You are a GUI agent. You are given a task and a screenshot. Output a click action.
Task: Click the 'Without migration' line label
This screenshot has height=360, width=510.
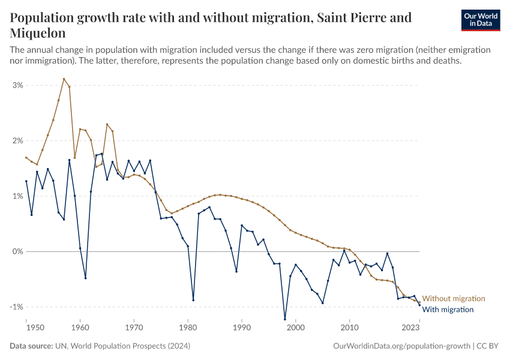[x=454, y=299]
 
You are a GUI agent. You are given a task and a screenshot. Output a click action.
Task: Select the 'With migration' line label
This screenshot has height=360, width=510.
[x=448, y=310]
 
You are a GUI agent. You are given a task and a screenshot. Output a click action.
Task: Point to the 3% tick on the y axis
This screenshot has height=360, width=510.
[x=17, y=85]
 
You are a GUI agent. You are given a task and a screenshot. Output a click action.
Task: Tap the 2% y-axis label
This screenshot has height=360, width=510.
[x=17, y=141]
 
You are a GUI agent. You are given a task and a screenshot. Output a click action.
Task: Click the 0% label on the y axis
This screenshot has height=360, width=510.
[x=17, y=251]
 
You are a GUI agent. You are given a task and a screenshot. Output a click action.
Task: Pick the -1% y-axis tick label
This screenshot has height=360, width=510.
[x=16, y=307]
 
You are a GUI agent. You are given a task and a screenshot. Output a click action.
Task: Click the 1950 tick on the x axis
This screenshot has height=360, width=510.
[x=35, y=329]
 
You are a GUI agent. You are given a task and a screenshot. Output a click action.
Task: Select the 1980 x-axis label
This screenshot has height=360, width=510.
[x=188, y=329]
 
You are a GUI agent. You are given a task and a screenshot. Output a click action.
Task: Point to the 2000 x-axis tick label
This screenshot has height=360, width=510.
[x=295, y=329]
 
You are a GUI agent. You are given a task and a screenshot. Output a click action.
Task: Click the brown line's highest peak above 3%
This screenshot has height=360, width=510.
[x=64, y=79]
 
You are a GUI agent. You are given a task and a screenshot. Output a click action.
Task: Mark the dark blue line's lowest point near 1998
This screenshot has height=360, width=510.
[x=284, y=319]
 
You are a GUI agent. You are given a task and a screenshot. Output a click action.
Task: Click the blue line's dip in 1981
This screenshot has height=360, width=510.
[x=193, y=300]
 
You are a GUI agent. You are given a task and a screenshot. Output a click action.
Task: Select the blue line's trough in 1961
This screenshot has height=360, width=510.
[x=85, y=278]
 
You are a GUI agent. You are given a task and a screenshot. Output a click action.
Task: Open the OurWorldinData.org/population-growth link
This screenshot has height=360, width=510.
[x=401, y=346]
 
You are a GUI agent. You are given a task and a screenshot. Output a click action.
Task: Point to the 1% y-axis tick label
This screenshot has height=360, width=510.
[x=17, y=196]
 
